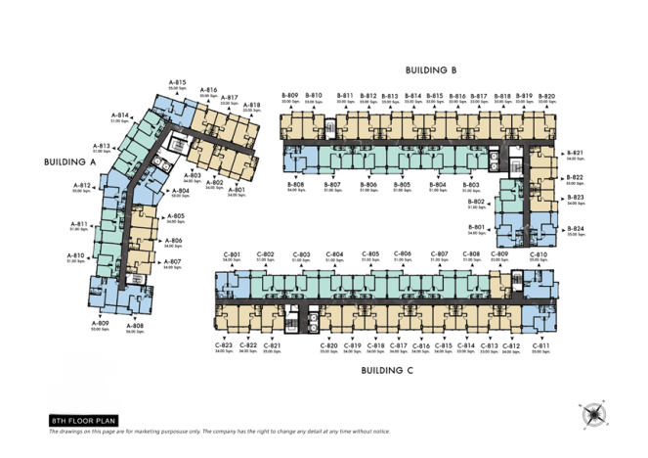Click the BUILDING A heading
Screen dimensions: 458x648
pyautogui.click(x=69, y=161)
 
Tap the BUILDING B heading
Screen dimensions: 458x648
pyautogui.click(x=432, y=70)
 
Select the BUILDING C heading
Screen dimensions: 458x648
pyautogui.click(x=388, y=370)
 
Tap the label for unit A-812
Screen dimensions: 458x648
pyautogui.click(x=82, y=187)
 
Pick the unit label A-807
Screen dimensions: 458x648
pyautogui.click(x=172, y=263)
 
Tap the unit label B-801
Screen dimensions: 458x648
pyautogui.click(x=476, y=228)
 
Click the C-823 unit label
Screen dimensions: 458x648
pyautogui.click(x=224, y=346)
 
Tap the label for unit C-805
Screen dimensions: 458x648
pyautogui.click(x=370, y=255)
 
